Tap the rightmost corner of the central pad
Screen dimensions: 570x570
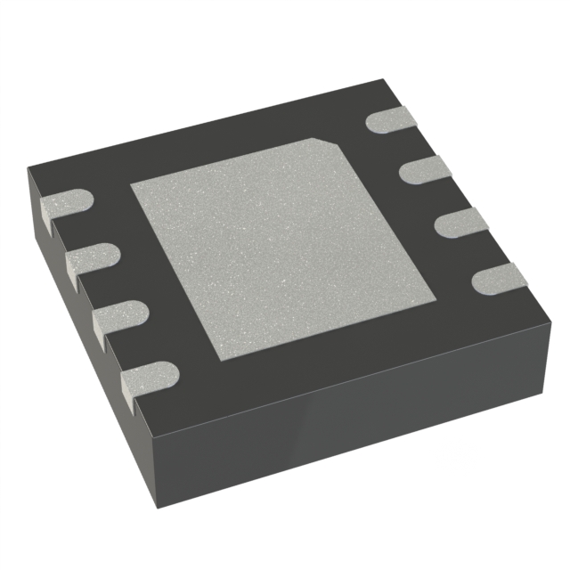(x=436, y=297)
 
